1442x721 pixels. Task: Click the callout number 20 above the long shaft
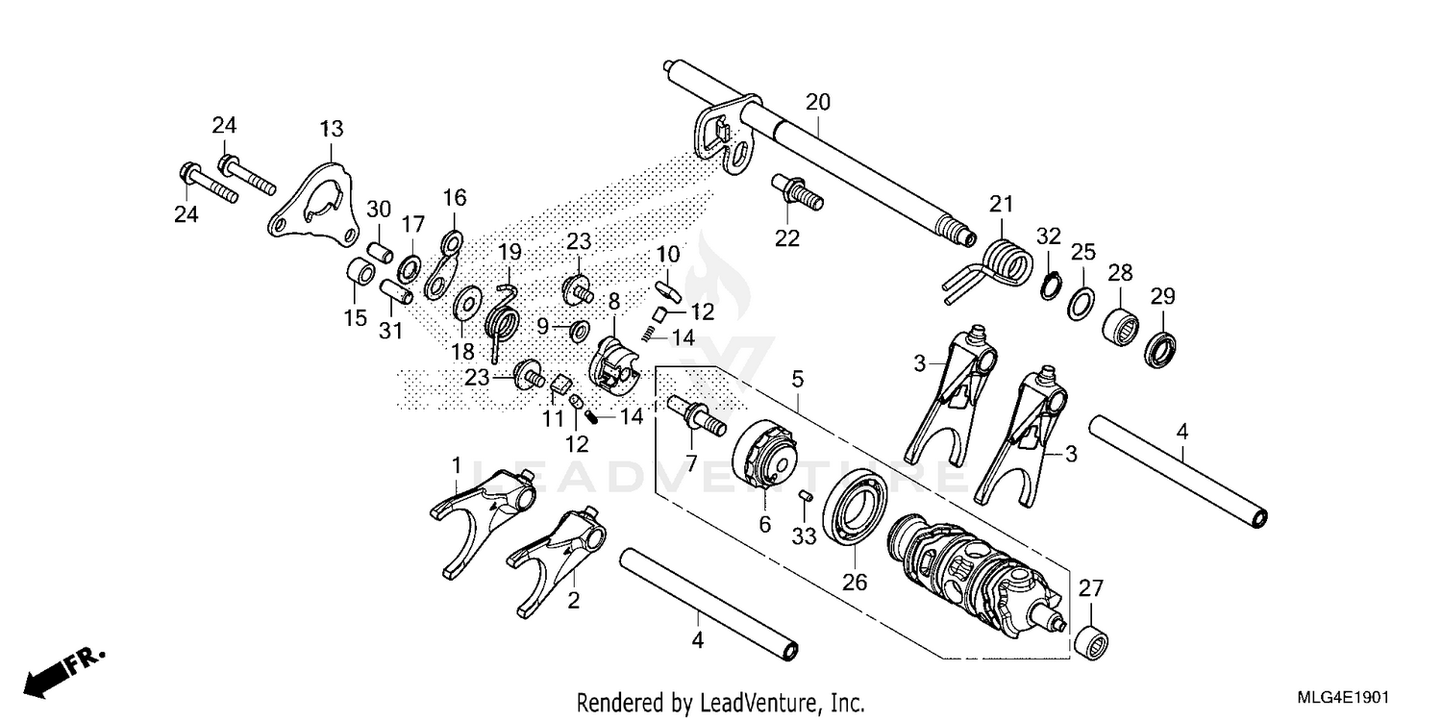point(817,102)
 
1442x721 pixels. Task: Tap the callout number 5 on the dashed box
point(797,380)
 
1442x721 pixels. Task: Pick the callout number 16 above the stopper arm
point(454,198)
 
